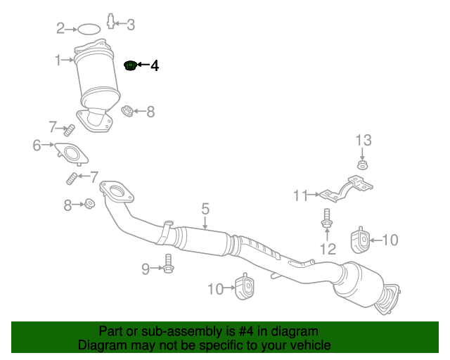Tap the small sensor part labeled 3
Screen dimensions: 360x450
(111, 22)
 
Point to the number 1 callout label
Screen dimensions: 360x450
(59, 61)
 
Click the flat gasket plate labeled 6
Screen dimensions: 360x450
(72, 153)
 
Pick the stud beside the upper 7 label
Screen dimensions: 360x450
(70, 130)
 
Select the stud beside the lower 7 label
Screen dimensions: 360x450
(72, 179)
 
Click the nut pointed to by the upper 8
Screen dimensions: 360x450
(127, 112)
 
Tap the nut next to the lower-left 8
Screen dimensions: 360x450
(89, 204)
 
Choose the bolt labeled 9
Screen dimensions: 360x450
(168, 264)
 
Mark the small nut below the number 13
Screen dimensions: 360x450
(361, 166)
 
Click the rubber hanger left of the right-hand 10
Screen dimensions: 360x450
(361, 240)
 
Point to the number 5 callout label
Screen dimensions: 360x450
(205, 209)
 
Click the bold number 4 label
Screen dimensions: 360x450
(154, 66)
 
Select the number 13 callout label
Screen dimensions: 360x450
(361, 139)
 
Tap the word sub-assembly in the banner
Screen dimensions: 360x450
(177, 331)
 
